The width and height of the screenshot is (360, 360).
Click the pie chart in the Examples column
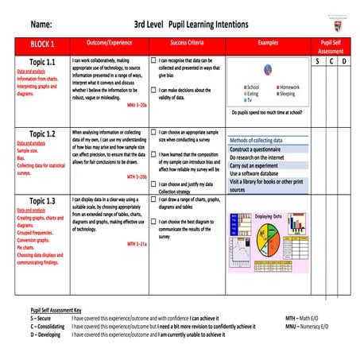(x=268, y=71)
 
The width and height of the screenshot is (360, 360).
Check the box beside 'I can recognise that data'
(x=153, y=60)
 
